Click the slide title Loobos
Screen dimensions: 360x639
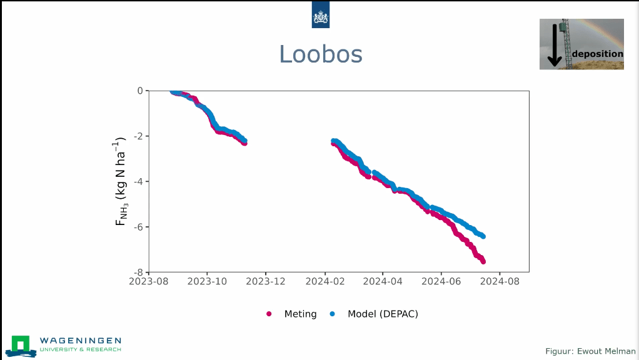point(320,54)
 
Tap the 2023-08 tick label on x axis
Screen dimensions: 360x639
point(149,282)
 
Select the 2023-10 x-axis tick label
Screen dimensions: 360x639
point(208,282)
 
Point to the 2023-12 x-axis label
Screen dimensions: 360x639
point(266,282)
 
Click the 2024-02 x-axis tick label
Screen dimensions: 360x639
point(325,282)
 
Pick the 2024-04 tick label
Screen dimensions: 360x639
point(383,282)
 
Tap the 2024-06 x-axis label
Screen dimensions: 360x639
point(441,282)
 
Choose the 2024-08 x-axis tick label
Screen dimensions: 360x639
point(500,282)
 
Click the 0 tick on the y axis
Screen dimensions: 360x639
point(140,91)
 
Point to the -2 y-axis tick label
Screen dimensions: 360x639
point(138,136)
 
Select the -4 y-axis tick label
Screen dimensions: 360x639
point(138,182)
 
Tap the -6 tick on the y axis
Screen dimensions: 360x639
point(138,227)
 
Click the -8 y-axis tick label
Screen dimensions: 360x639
point(138,272)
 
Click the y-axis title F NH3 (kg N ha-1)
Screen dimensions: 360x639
point(121,181)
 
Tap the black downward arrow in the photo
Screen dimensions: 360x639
point(554,45)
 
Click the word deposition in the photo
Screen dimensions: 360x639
point(598,54)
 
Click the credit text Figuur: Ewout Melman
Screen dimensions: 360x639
point(590,352)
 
